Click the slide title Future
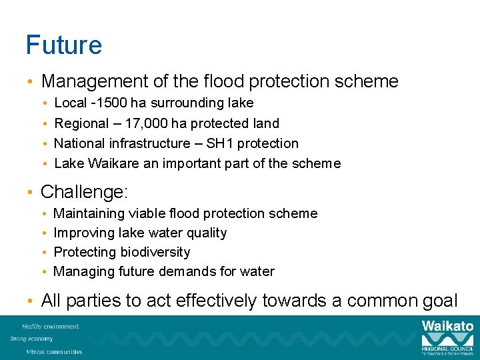click(64, 45)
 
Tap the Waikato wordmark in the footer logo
click(447, 326)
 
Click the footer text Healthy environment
click(50, 327)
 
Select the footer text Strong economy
click(32, 339)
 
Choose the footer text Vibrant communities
click(54, 351)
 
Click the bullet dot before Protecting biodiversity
click(44, 253)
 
